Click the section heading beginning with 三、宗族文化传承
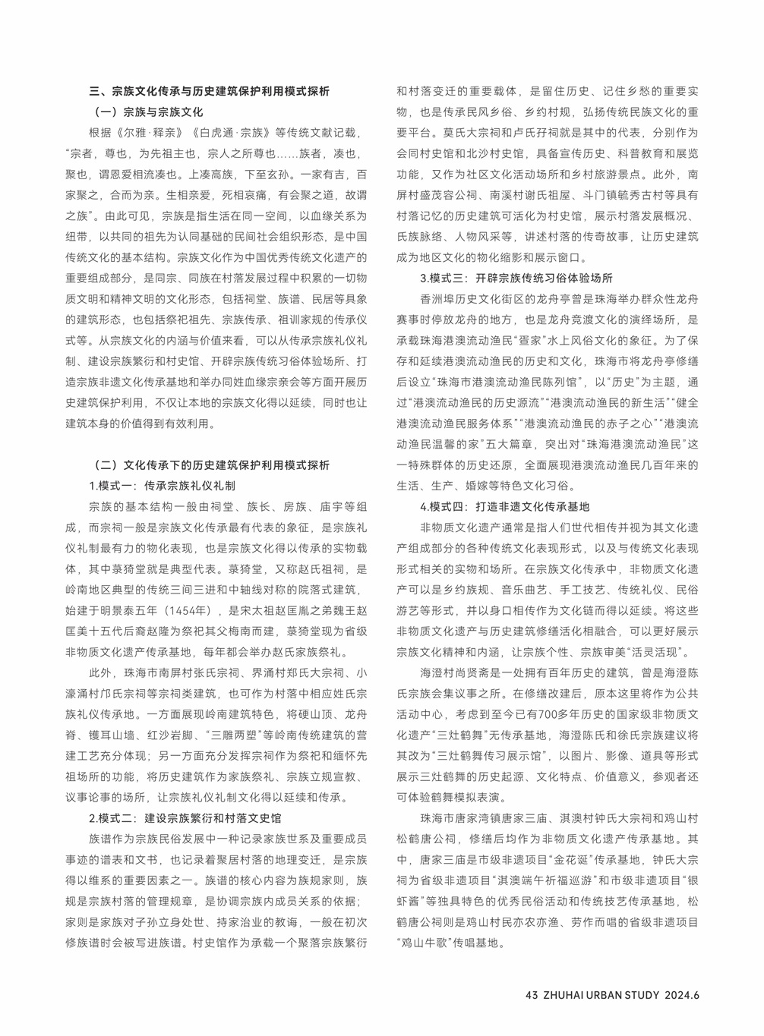pyautogui.click(x=209, y=92)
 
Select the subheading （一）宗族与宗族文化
pyautogui.click(x=148, y=112)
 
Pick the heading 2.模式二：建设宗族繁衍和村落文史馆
pyautogui.click(x=185, y=818)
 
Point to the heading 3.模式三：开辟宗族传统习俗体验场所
pyautogui.click(x=516, y=278)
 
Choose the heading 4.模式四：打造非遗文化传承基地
pyautogui.click(x=505, y=506)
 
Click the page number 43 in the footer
pyautogui.click(x=532, y=996)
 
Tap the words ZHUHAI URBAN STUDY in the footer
pyautogui.click(x=601, y=996)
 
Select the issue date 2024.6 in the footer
pyautogui.click(x=681, y=996)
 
